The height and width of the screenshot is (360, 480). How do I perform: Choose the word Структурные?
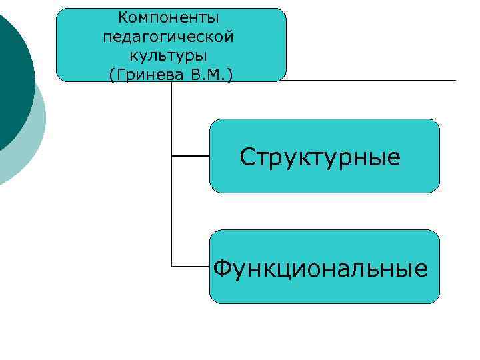click(x=320, y=157)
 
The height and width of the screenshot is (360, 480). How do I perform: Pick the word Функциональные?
click(x=320, y=268)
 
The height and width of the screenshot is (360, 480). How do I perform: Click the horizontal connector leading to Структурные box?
click(x=191, y=156)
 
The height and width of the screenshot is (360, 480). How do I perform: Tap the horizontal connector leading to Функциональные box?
click(x=191, y=267)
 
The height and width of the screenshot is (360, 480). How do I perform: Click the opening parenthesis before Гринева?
click(x=111, y=74)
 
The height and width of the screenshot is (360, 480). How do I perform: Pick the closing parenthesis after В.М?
click(x=230, y=74)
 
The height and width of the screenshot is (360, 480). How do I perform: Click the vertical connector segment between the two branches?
click(x=172, y=212)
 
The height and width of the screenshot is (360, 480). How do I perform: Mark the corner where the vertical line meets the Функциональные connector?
click(x=172, y=267)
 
